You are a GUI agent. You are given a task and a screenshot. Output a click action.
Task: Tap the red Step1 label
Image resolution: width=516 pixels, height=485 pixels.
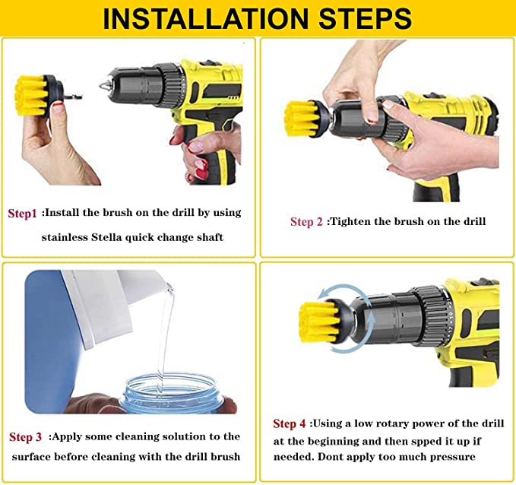tap(22, 214)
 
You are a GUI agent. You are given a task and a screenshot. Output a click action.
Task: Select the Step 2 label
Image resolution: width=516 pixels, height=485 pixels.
tap(306, 222)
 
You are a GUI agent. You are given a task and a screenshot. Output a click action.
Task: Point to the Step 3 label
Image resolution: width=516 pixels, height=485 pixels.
tap(25, 437)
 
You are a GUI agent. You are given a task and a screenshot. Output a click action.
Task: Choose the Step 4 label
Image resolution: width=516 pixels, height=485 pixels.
tap(290, 423)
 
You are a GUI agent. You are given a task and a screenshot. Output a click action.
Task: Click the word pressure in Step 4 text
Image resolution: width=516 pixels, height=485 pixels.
tap(449, 457)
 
